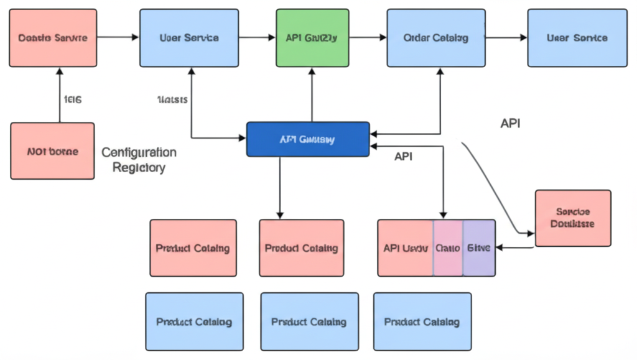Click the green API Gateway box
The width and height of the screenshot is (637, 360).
coord(311,37)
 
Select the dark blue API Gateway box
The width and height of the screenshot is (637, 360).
coord(308,139)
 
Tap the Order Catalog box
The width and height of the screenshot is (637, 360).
coord(435,37)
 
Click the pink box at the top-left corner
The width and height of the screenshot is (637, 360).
coord(53,37)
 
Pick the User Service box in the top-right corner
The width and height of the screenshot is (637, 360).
coord(577,37)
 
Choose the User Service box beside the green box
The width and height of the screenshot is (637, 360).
coord(189,37)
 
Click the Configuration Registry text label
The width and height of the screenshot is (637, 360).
coord(139,160)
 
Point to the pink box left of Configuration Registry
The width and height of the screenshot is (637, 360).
coord(52,151)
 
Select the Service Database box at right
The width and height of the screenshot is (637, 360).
coord(572,218)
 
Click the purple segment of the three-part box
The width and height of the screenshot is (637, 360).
coord(479,247)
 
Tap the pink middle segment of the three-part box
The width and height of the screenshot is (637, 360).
coord(448,247)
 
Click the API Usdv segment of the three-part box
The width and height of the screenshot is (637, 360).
coord(405,247)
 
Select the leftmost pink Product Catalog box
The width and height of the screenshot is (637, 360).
coord(193,247)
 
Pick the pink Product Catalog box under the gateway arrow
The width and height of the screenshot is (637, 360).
coord(301,247)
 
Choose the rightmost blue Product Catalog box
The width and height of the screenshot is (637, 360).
coord(422,321)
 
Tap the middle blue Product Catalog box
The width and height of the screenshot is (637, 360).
coord(309,321)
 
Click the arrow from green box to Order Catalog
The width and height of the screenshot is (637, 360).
coord(367,37)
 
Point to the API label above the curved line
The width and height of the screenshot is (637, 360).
coord(510,123)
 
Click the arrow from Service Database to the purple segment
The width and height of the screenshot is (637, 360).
coord(515,247)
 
